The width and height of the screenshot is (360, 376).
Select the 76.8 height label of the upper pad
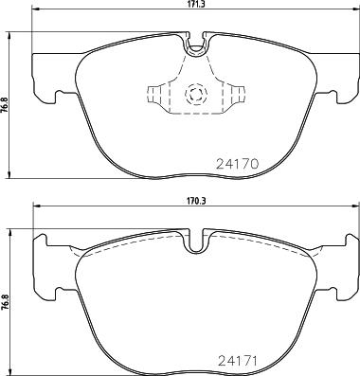coord(6,105)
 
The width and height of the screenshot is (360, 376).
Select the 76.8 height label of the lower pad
coord(6,302)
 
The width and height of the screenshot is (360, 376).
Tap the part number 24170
coord(238,164)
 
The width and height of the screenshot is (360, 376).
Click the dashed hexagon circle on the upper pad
coord(196,94)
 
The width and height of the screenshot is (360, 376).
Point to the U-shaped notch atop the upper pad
coord(196,44)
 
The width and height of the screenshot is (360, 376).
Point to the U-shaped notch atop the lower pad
coord(196,241)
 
